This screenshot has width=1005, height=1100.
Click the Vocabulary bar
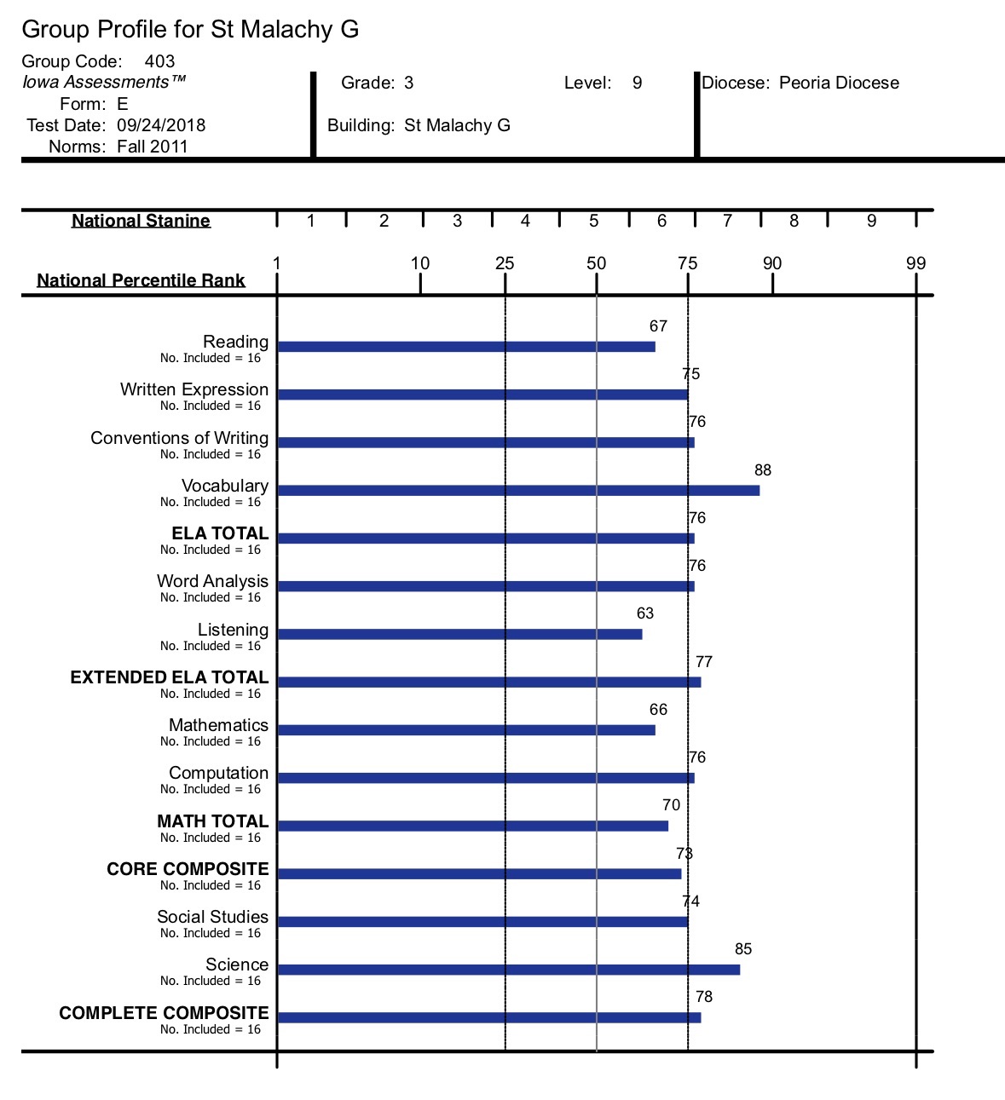tap(518, 490)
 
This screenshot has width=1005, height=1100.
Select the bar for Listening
tap(459, 634)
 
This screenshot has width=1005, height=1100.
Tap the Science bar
tap(509, 970)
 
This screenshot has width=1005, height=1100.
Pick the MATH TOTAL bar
tap(473, 826)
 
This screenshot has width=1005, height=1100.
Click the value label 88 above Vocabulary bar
tap(763, 470)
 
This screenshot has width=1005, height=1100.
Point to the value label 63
tap(645, 613)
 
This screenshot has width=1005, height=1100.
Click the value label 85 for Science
tap(743, 948)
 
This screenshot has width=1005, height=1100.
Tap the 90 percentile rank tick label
tap(772, 263)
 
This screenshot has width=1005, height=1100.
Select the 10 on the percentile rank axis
tap(420, 263)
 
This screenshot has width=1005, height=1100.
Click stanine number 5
tap(593, 221)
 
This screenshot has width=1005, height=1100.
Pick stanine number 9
tap(872, 221)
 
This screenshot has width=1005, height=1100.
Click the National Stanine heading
tap(141, 221)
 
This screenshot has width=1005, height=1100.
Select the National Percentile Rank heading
tap(141, 280)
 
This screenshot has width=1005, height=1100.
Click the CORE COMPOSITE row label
tap(188, 868)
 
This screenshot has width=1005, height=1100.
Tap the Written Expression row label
tap(194, 389)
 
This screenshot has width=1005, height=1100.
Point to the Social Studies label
tap(213, 916)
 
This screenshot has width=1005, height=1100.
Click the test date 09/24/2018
tap(161, 125)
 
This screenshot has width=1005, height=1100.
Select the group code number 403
tap(159, 60)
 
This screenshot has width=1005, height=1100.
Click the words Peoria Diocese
tap(840, 83)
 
